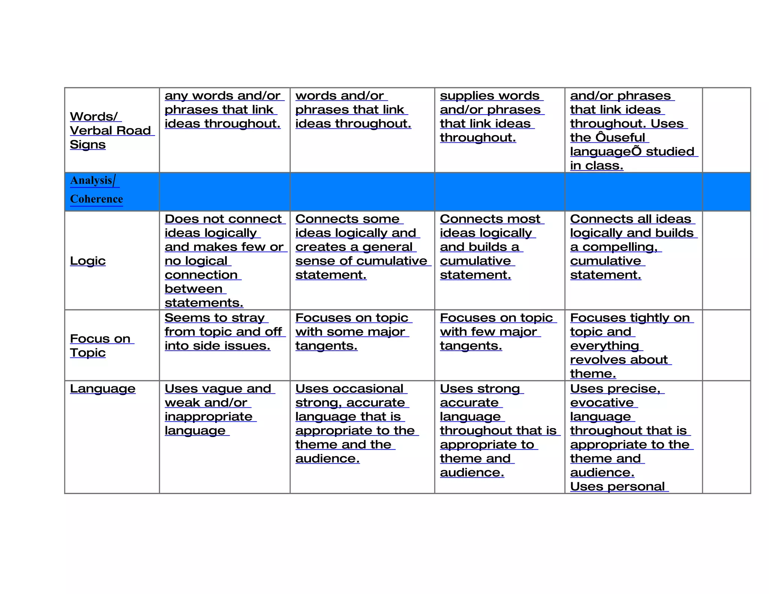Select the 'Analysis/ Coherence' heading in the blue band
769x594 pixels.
(97, 190)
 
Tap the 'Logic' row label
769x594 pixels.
(88, 261)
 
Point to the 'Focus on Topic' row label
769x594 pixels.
(100, 345)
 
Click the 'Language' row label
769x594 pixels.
(103, 389)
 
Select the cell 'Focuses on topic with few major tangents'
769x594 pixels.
(496, 332)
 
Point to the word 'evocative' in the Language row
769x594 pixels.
(602, 403)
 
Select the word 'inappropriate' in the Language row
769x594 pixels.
(208, 417)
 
